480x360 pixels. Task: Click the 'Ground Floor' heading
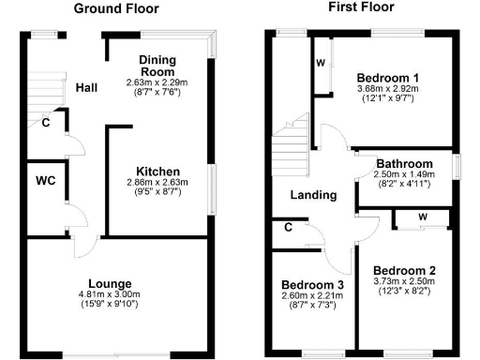pos(116,8)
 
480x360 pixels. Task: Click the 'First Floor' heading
pos(361,7)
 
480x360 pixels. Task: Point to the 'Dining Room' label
pos(158,65)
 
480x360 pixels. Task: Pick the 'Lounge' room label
pos(109,283)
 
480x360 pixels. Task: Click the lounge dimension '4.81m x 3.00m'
pos(109,294)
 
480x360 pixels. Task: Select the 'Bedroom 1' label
pos(388,77)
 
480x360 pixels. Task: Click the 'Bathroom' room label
pos(405,163)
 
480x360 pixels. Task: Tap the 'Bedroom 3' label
pos(313,285)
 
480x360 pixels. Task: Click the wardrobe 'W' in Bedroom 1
pos(321,63)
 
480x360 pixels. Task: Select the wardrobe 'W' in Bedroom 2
pos(423,217)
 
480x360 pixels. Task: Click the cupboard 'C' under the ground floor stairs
pos(45,123)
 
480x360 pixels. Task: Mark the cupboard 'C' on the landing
pos(288,226)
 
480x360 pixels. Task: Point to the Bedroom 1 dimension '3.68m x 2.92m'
pos(388,89)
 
